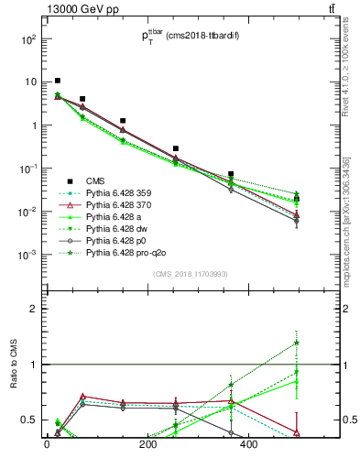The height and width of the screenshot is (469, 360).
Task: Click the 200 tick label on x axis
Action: tap(148, 444)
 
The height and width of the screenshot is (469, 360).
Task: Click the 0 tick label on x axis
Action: tap(47, 444)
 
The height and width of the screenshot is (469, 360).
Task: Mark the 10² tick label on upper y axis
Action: tap(27, 39)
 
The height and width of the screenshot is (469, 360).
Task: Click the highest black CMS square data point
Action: tap(58, 81)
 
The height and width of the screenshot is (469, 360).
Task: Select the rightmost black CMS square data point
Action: tap(296, 199)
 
